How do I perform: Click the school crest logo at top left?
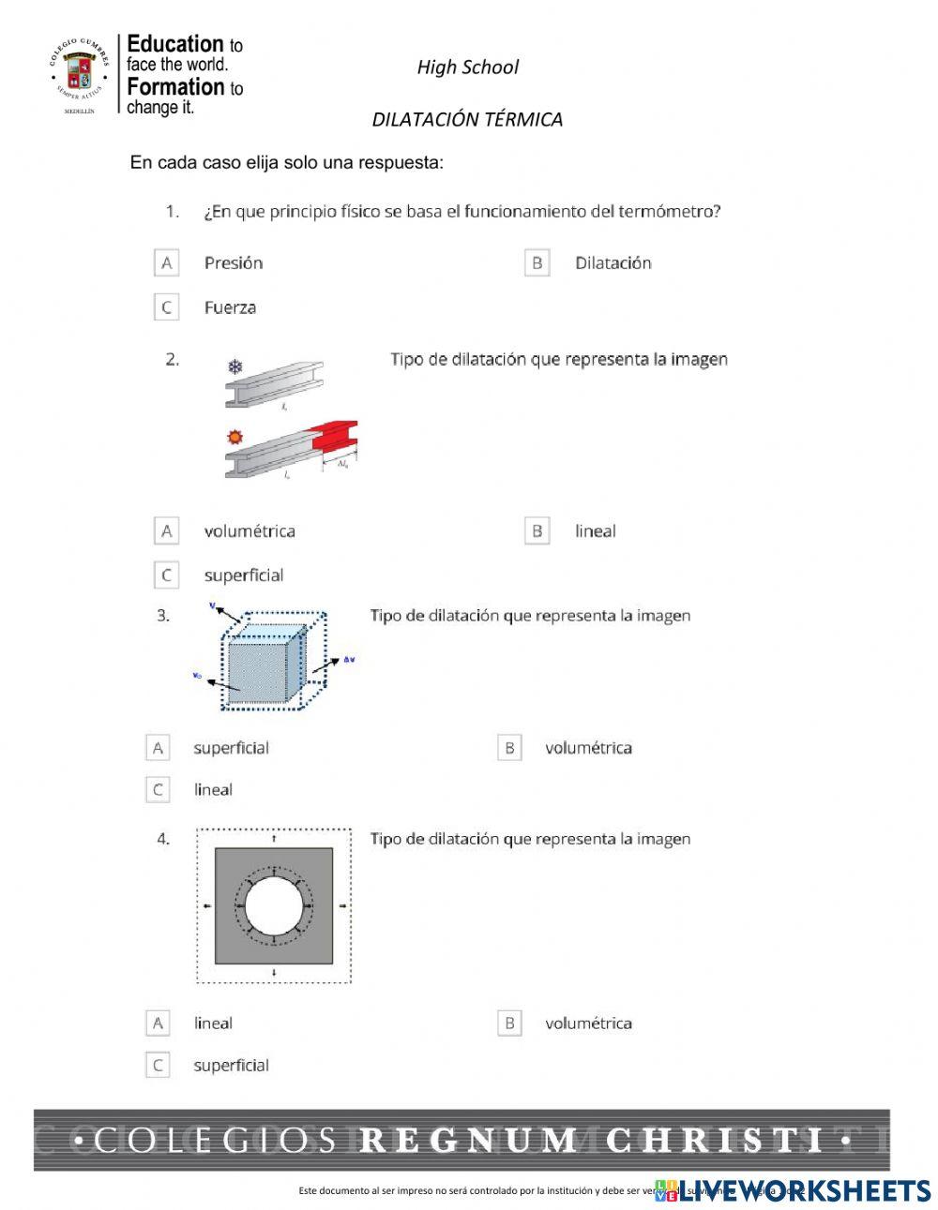(x=79, y=74)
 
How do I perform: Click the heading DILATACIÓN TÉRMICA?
(x=467, y=120)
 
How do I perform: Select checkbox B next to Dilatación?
(x=537, y=263)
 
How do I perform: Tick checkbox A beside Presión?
(x=166, y=263)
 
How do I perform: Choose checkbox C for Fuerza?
(x=166, y=307)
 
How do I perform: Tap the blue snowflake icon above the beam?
(x=235, y=366)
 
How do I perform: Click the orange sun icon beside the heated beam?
(x=235, y=437)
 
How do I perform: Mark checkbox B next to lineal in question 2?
(x=537, y=531)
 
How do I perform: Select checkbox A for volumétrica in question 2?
(x=166, y=531)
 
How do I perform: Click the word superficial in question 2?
(x=244, y=575)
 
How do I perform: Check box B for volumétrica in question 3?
(x=508, y=748)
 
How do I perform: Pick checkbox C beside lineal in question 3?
(x=158, y=790)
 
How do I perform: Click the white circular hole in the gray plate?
(x=274, y=906)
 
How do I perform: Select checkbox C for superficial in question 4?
(x=158, y=1066)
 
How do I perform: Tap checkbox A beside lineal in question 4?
(x=158, y=1023)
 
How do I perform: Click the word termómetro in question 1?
(x=669, y=212)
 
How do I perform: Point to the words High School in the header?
(x=467, y=67)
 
